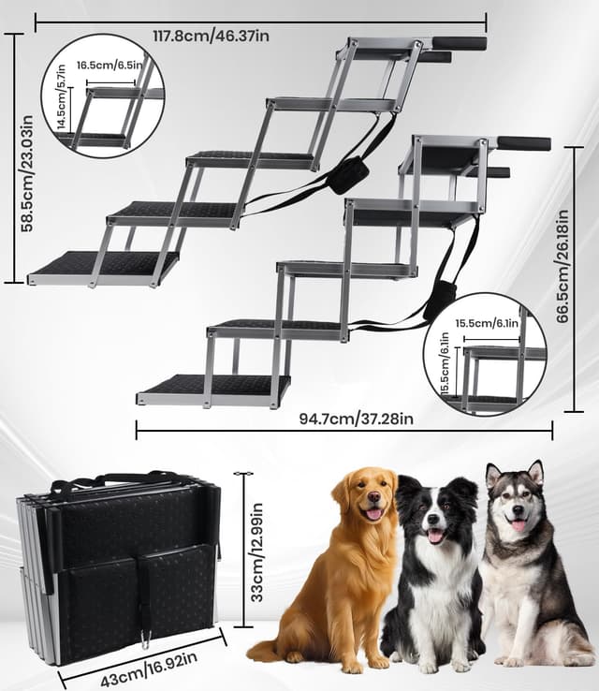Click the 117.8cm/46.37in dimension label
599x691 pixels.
click(212, 37)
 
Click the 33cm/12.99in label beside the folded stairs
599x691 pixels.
click(257, 552)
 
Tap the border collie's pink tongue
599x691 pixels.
click(435, 537)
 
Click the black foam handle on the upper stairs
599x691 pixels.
click(459, 43)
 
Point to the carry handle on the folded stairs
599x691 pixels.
click(112, 484)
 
